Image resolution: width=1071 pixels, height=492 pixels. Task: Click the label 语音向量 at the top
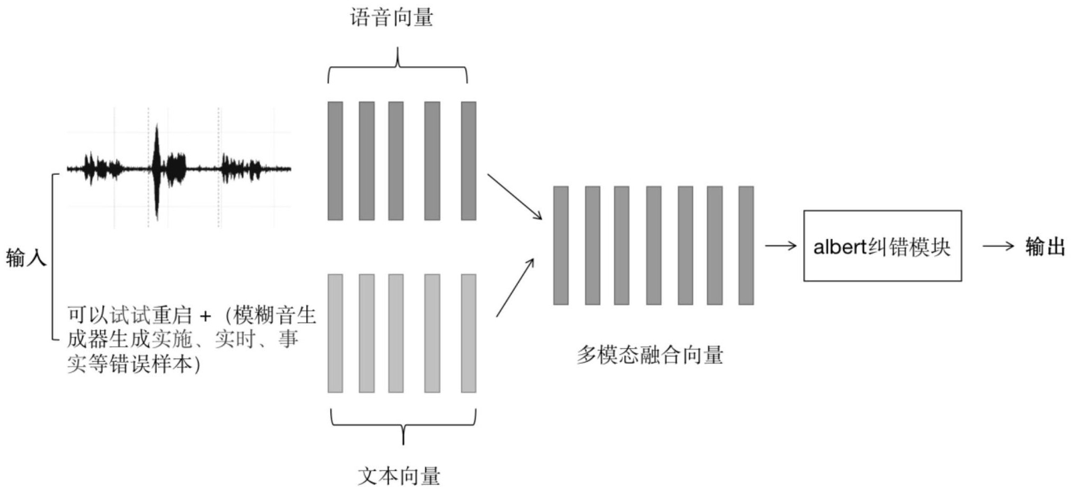click(x=391, y=18)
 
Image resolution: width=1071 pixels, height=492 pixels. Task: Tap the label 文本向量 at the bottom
click(x=399, y=476)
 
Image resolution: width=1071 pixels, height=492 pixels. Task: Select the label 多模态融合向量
click(x=650, y=355)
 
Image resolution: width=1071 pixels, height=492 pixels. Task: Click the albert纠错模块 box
click(x=882, y=246)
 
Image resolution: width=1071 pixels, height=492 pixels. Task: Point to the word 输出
click(x=1045, y=246)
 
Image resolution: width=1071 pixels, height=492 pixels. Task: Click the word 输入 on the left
click(x=26, y=258)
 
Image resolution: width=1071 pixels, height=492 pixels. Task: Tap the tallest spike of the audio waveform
click(x=157, y=169)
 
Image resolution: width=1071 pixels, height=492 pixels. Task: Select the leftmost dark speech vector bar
click(x=335, y=160)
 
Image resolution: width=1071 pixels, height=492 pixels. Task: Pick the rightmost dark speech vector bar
click(x=468, y=160)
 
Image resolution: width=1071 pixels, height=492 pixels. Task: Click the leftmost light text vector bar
click(x=335, y=333)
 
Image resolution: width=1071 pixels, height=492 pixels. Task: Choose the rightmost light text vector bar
click(x=468, y=333)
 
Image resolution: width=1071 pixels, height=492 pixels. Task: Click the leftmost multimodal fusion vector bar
click(x=561, y=245)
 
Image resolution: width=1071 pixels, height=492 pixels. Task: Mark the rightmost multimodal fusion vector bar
click(x=746, y=245)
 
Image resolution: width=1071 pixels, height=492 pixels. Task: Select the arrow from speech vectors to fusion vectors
click(x=514, y=196)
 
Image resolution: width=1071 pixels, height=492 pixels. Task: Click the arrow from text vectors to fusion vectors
click(x=515, y=288)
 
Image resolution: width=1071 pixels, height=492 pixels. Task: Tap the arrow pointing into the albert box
click(x=781, y=246)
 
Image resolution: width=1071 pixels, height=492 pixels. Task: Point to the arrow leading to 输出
click(x=998, y=246)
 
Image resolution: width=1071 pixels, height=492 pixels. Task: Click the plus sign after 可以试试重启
click(x=206, y=317)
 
